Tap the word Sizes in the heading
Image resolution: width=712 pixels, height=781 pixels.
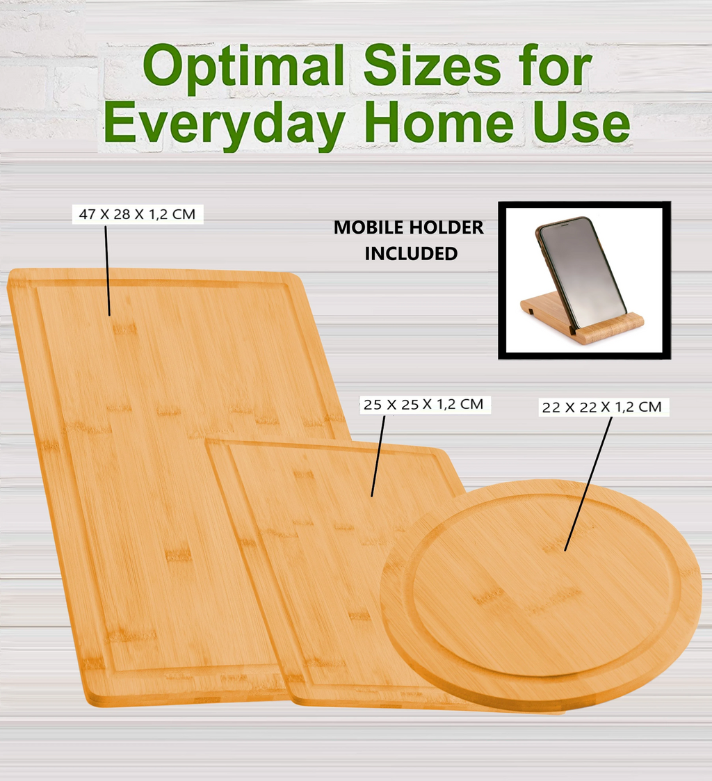[x=432, y=68]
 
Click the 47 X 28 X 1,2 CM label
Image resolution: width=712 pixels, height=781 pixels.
[x=137, y=214]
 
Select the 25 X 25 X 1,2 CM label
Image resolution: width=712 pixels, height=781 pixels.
[x=423, y=404]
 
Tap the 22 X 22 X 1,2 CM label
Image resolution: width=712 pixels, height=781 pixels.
[x=601, y=408]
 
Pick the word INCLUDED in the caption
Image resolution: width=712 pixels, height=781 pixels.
[x=411, y=254]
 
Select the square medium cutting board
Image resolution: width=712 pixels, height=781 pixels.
[x=327, y=556]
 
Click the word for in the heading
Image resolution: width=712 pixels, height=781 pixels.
[x=552, y=68]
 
